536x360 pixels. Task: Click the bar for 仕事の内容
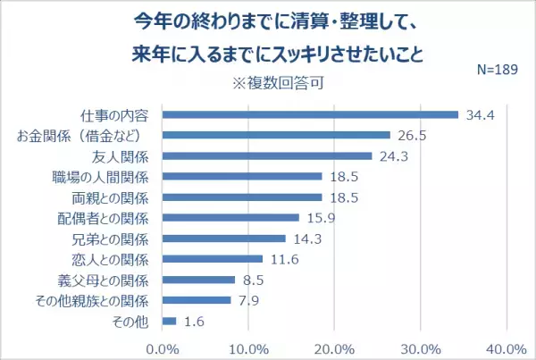pos(310,114)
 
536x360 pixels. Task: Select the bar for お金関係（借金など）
pos(276,135)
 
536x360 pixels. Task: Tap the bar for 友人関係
pos(267,155)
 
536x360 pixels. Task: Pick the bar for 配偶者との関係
pos(230,217)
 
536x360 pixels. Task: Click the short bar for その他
pos(170,320)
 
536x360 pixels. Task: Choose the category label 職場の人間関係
pos(106,176)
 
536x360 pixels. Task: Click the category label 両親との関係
pos(114,197)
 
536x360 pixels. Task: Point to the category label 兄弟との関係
pos(114,238)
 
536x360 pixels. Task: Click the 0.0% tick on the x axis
pos(163,347)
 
